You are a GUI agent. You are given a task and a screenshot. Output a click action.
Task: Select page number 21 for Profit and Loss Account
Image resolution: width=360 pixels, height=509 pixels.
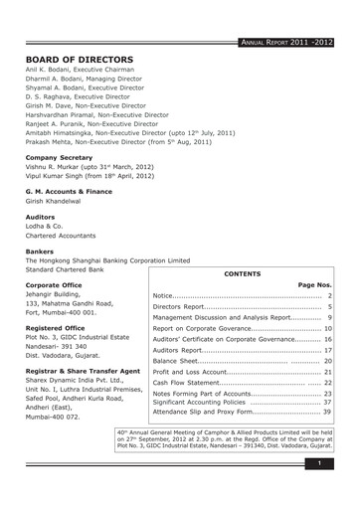(x=327, y=372)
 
